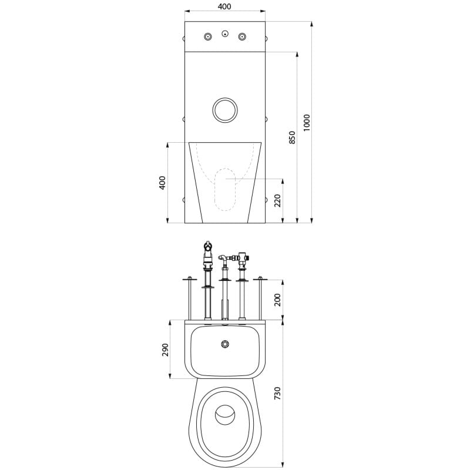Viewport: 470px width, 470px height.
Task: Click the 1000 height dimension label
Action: tap(306, 123)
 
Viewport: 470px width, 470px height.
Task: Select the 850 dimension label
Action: tap(292, 137)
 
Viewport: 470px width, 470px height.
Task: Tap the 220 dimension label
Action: tap(277, 200)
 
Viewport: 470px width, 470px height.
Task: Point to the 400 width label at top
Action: tap(224, 6)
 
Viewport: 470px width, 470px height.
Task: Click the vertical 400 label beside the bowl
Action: tap(162, 183)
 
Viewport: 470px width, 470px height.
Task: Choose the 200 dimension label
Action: tap(277, 300)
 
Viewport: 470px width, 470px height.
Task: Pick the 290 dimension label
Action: tap(166, 350)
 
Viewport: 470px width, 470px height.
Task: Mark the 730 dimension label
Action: tap(277, 393)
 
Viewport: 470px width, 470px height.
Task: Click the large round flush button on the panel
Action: tap(225, 110)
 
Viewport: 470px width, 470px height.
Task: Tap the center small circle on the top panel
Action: tap(225, 34)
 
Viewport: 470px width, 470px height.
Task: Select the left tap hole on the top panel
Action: tap(207, 37)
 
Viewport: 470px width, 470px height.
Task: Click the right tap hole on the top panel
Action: tap(242, 37)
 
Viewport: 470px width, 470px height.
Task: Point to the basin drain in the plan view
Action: tap(225, 344)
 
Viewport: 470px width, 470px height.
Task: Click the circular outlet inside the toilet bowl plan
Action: tap(225, 415)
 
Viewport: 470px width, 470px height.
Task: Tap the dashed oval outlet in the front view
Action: tap(225, 190)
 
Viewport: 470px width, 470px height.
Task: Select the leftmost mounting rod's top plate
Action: tap(190, 279)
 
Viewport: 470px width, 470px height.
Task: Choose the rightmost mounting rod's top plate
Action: tap(260, 279)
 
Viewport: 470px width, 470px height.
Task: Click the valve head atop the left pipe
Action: tap(208, 246)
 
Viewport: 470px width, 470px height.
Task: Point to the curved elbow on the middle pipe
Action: tap(222, 257)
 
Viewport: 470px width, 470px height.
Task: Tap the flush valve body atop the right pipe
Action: tap(243, 258)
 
